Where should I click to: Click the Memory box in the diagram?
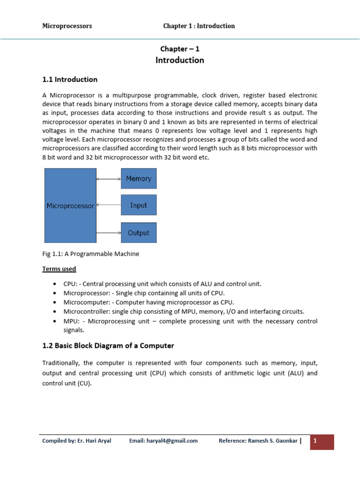(x=139, y=179)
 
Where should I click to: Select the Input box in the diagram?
(x=139, y=205)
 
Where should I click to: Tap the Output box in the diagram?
(x=139, y=233)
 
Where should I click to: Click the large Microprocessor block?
(x=70, y=206)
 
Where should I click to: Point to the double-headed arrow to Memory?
(x=109, y=179)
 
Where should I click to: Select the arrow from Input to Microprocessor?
(x=109, y=205)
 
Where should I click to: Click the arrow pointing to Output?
(x=109, y=232)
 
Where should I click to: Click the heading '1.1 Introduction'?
(x=70, y=80)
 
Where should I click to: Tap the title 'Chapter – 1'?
(x=180, y=49)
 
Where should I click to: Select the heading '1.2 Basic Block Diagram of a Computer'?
(x=108, y=345)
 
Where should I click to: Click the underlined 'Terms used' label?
(x=59, y=269)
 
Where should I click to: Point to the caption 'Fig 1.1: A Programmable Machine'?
(x=90, y=254)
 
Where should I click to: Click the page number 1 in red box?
(x=315, y=441)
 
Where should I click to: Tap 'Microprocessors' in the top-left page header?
(x=67, y=26)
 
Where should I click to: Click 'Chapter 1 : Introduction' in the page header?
(x=199, y=26)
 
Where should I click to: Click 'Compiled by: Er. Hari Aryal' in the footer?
(x=76, y=441)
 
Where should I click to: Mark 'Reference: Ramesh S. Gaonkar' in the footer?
(x=258, y=441)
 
